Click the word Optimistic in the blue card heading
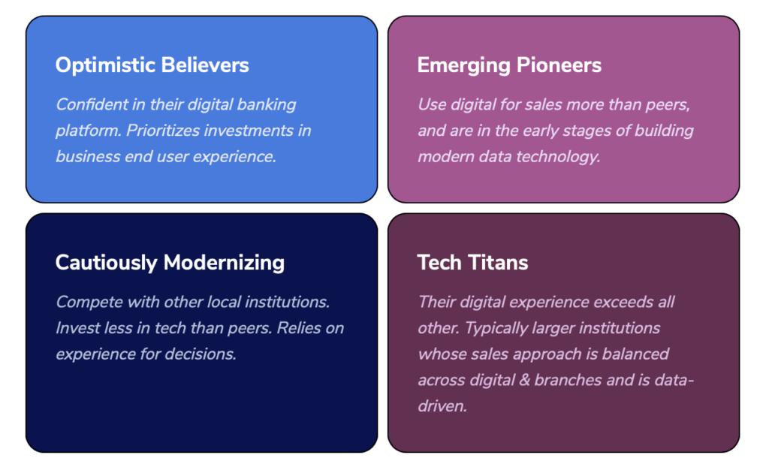pos(105,65)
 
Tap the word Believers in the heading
pos(205,65)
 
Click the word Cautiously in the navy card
pos(107,263)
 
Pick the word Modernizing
pos(224,263)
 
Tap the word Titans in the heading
pos(500,262)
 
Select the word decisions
pos(200,354)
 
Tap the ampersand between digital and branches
pos(524,380)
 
